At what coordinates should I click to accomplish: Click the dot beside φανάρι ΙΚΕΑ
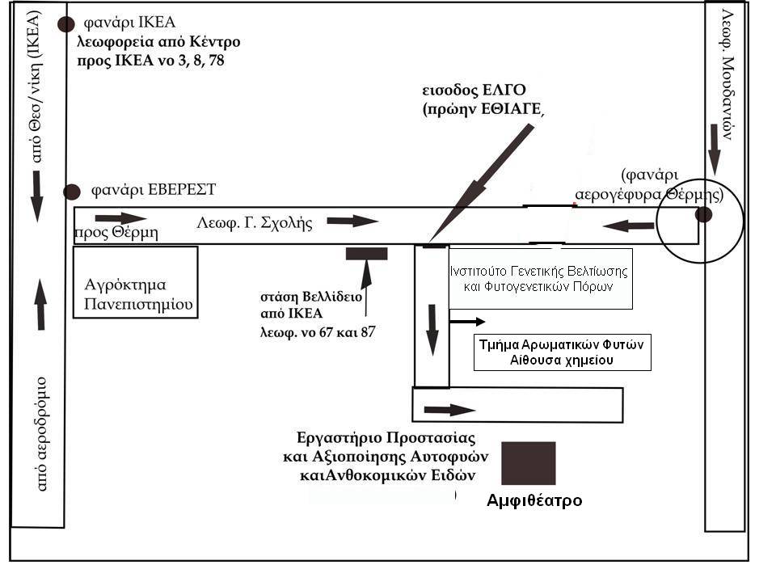click(65, 23)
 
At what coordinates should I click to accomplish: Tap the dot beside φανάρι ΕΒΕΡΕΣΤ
click(72, 192)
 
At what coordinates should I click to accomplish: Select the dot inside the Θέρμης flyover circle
click(703, 215)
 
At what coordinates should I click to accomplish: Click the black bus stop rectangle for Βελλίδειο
click(366, 254)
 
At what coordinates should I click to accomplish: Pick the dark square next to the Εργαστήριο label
click(529, 463)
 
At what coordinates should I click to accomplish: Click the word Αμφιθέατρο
click(534, 500)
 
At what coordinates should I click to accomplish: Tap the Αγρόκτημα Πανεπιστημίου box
click(136, 282)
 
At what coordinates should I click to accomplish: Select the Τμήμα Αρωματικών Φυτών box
click(563, 352)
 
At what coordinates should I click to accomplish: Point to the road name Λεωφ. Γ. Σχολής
click(255, 223)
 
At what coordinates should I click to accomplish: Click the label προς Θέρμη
click(116, 233)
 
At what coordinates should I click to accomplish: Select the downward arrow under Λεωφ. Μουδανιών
click(714, 150)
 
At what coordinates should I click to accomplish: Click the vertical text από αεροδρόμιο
click(41, 433)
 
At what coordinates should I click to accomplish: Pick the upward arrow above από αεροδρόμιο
click(41, 305)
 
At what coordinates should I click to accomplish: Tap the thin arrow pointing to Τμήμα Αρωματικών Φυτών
click(467, 322)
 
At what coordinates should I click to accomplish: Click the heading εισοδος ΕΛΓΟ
click(474, 90)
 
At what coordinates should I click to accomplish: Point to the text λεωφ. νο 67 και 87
click(318, 331)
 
